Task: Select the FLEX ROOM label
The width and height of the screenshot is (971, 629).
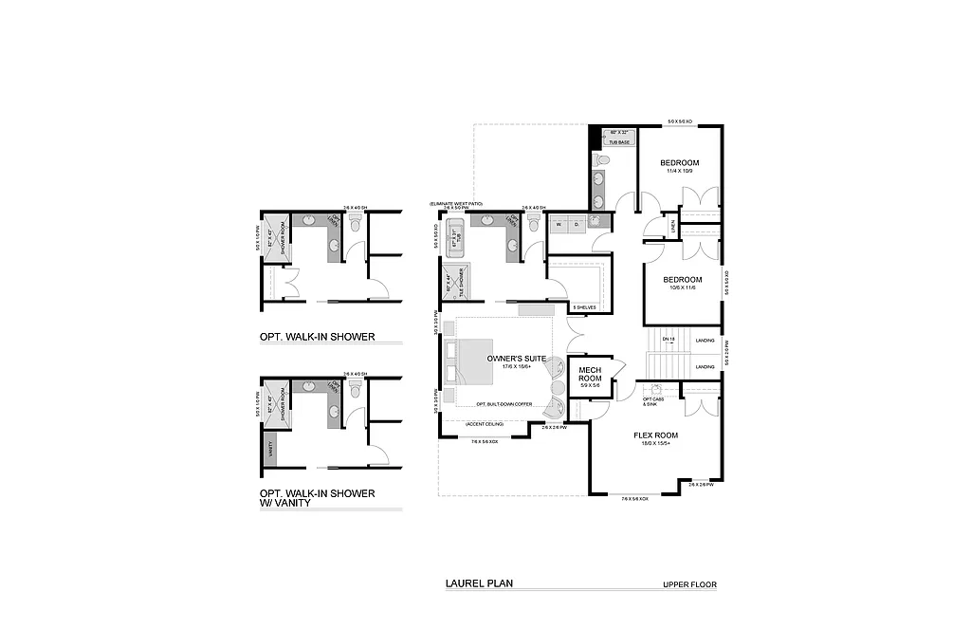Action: (x=655, y=435)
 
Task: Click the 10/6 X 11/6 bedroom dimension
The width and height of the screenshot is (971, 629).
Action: (x=682, y=288)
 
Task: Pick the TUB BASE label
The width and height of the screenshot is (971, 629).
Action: (x=619, y=141)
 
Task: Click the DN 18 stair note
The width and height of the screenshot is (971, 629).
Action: (x=668, y=340)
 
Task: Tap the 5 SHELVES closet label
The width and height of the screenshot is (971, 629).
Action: (x=583, y=308)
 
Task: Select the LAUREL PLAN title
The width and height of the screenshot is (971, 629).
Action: (x=479, y=584)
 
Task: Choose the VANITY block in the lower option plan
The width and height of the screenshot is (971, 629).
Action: (x=271, y=446)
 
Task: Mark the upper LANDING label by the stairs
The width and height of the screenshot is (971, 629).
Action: (x=705, y=340)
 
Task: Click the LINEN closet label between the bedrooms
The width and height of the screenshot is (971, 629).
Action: (x=672, y=224)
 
